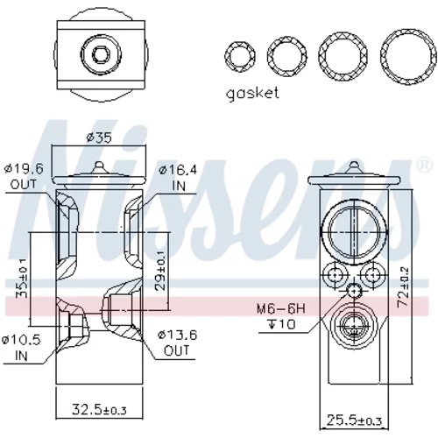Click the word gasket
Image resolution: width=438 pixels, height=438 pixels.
[x=252, y=94]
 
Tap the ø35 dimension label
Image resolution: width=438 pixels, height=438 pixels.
[x=99, y=138]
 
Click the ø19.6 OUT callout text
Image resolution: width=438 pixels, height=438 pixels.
[x=24, y=176]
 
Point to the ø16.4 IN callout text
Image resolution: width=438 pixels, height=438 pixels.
[x=178, y=178]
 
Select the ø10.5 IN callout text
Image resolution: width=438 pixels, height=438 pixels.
[x=21, y=348]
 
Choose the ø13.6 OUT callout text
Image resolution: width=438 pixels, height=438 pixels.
[x=177, y=343]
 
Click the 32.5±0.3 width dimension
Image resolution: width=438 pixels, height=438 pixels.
[x=99, y=409]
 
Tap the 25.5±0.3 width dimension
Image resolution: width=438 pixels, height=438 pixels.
[x=354, y=420]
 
